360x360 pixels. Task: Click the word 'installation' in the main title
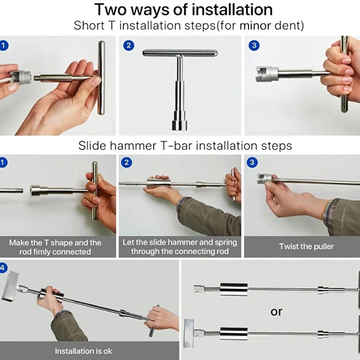point(232,9)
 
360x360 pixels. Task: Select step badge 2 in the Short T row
point(129,45)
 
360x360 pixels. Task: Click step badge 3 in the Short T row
point(254,45)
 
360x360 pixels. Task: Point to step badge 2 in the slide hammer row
point(126,163)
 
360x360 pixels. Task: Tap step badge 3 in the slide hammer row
point(252,163)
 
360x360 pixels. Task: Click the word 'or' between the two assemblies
point(276,312)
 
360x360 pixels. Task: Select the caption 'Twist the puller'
point(306,247)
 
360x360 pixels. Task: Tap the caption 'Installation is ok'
point(84,351)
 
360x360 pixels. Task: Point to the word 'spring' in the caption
point(226,243)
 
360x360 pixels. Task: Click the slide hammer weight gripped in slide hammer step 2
point(158,183)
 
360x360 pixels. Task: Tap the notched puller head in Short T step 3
point(267,74)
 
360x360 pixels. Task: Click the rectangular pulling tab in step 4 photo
point(10,286)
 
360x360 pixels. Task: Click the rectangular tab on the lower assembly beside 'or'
point(189,333)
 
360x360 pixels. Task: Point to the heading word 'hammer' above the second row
point(133,146)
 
